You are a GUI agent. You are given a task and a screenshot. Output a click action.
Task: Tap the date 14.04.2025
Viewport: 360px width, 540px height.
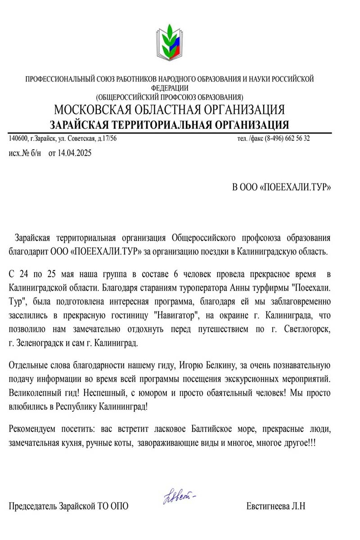click(x=74, y=153)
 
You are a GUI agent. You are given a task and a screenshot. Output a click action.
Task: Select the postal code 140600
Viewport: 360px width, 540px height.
click(x=18, y=139)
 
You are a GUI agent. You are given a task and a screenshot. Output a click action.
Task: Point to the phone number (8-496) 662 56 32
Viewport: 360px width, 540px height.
click(x=287, y=139)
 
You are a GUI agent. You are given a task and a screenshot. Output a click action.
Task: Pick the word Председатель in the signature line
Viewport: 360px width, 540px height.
click(x=33, y=506)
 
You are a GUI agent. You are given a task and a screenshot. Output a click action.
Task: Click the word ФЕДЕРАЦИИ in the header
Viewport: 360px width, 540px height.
click(x=170, y=88)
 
